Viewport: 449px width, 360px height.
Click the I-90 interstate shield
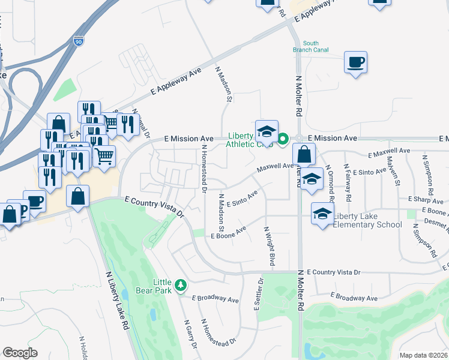click(x=79, y=41)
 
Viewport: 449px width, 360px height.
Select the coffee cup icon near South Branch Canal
click(x=355, y=62)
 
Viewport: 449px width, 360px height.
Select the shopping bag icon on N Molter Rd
click(x=304, y=155)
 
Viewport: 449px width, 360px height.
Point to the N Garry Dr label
click(x=190, y=334)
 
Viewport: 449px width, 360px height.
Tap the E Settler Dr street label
click(x=258, y=294)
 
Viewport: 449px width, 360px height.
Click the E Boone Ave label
click(x=229, y=233)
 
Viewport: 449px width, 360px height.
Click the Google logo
click(x=20, y=353)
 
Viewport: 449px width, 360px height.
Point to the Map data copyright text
click(x=423, y=355)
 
